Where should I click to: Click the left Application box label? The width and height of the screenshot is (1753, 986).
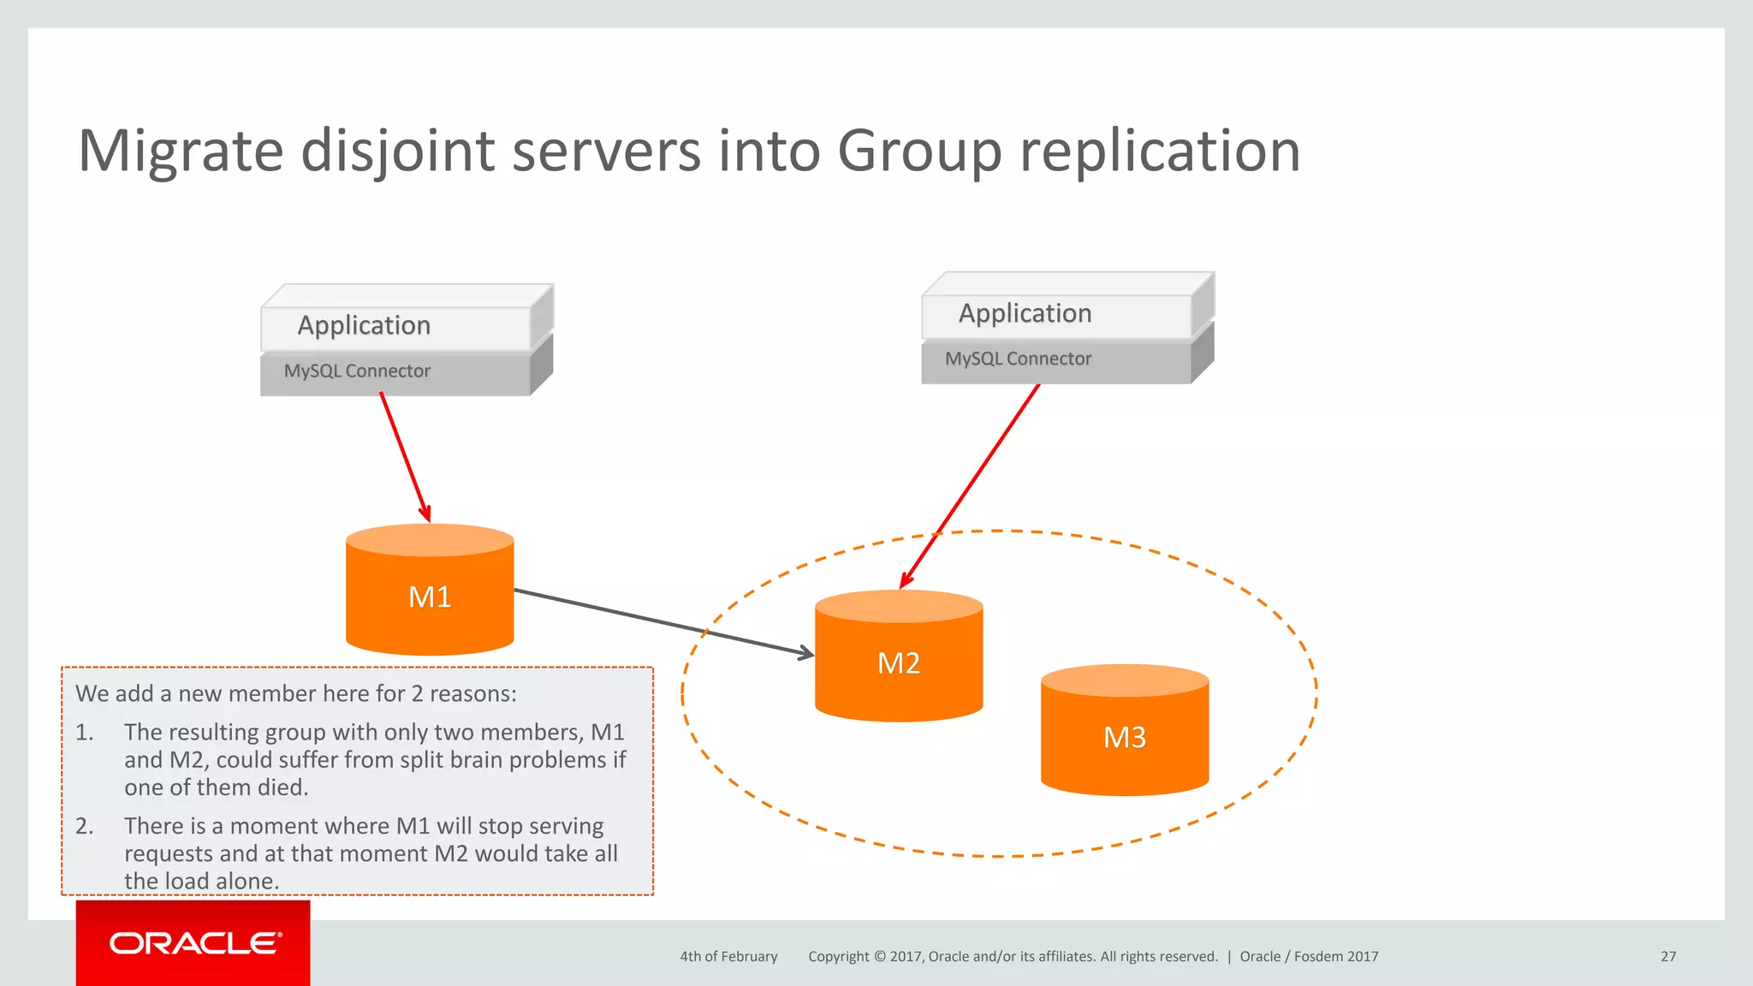point(364,325)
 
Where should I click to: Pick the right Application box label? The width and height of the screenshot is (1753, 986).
point(1025,313)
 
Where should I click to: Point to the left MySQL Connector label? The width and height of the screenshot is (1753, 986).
point(357,371)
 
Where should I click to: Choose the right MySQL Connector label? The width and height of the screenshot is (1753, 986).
point(1018,359)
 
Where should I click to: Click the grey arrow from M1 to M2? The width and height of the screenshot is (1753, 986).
point(663,622)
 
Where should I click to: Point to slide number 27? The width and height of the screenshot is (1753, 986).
point(1668,956)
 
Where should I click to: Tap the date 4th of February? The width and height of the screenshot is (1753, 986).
point(728,956)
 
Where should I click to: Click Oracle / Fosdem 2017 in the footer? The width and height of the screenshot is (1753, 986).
point(1309,956)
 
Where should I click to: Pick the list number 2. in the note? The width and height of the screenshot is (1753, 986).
point(84,826)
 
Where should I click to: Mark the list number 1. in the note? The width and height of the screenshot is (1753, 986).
point(84,733)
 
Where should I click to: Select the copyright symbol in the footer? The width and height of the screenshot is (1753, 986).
point(880,956)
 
